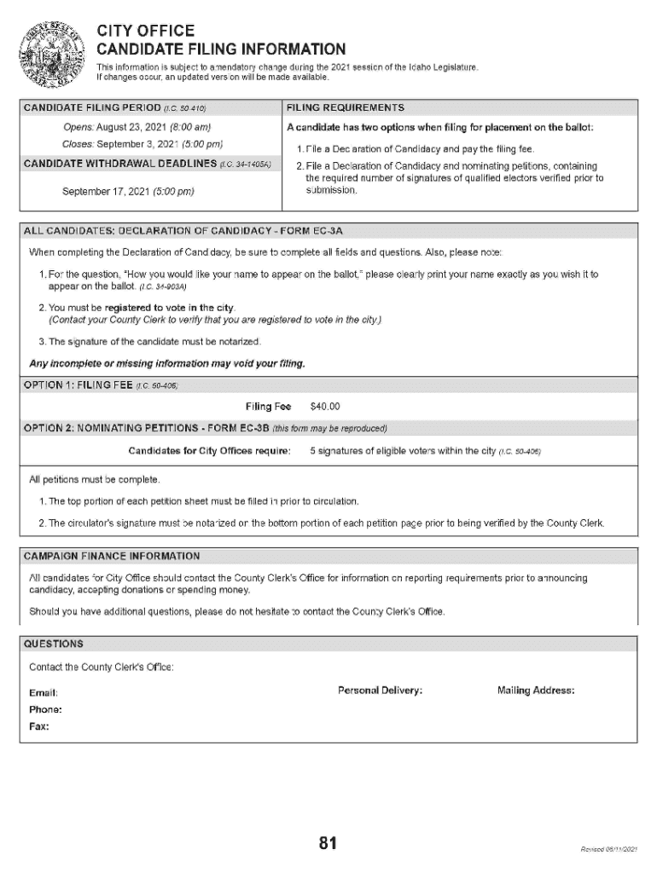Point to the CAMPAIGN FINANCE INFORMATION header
[112, 556]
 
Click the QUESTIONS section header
[54, 643]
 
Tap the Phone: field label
[46, 709]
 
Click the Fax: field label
[39, 727]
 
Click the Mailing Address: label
[536, 690]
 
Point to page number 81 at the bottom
[328, 843]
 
